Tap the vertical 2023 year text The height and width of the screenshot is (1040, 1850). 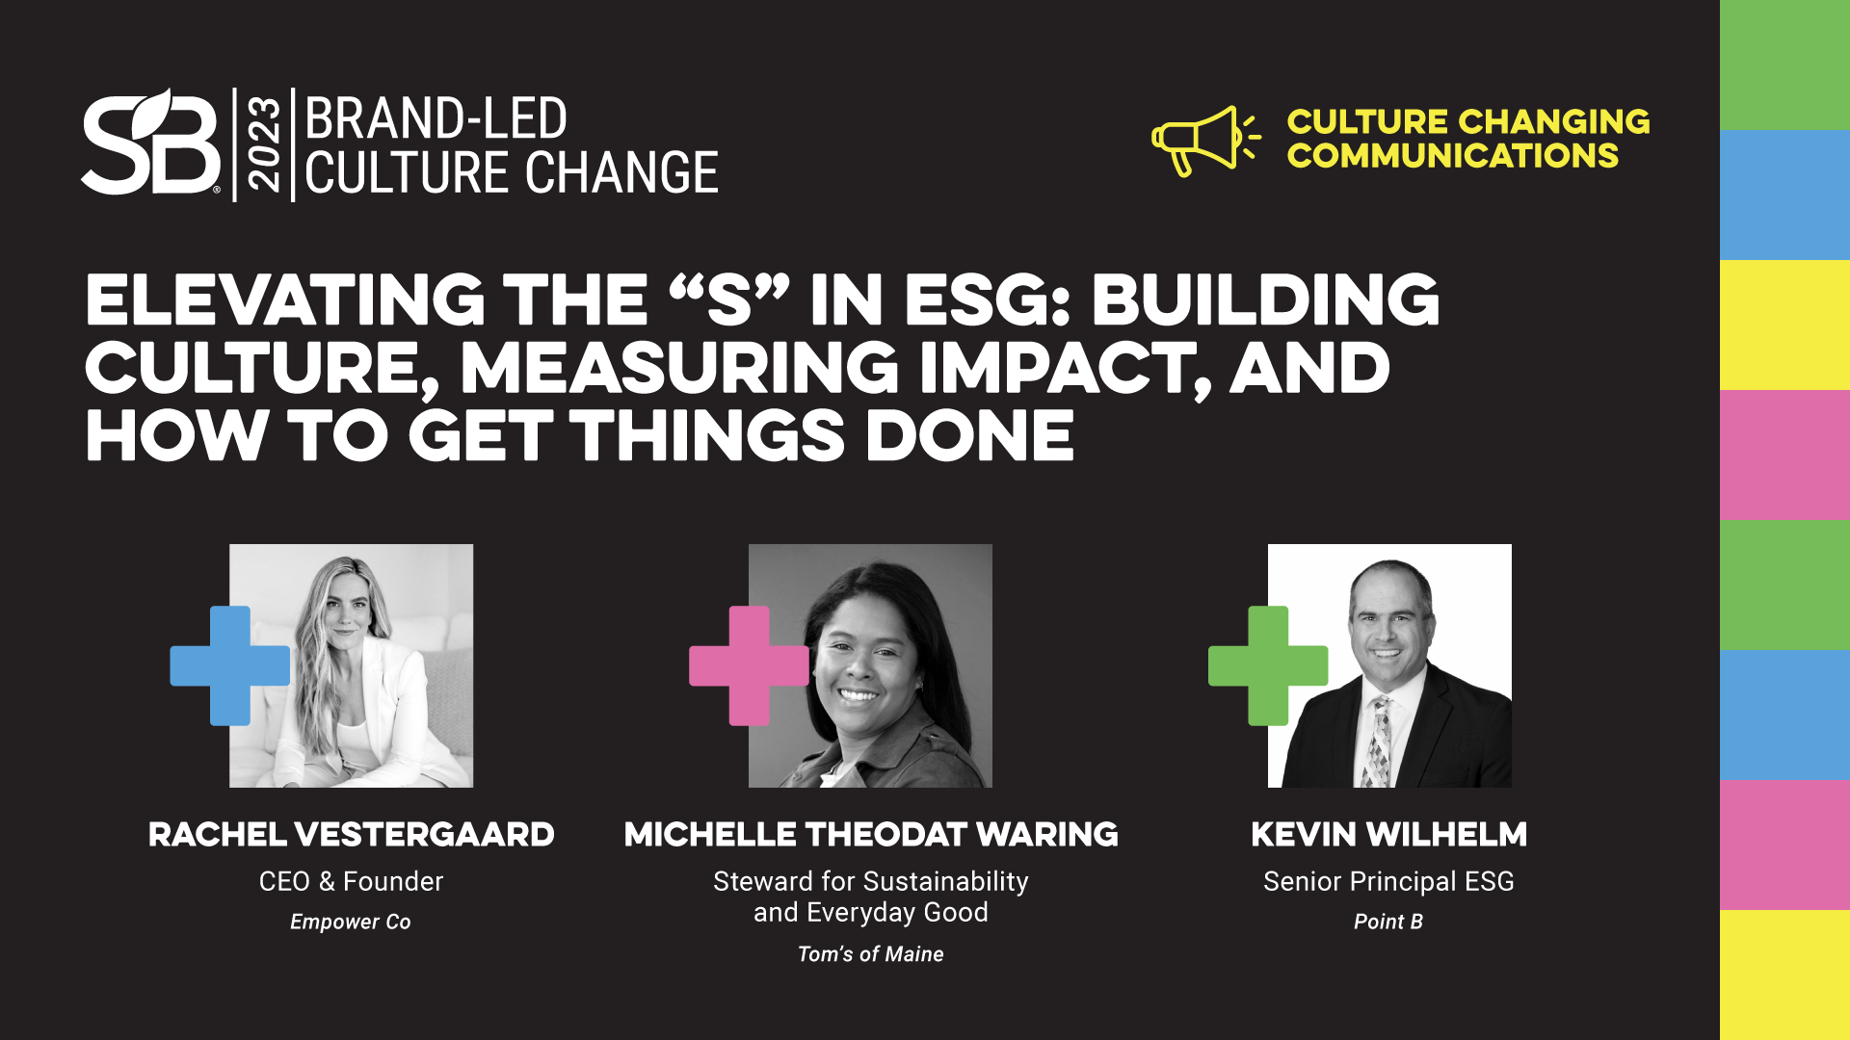(x=264, y=143)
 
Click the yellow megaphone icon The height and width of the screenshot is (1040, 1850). (x=1205, y=141)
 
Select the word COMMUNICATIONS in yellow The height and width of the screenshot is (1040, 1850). (x=1452, y=156)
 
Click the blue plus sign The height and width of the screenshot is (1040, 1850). (x=230, y=665)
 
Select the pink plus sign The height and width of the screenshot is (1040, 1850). (x=749, y=665)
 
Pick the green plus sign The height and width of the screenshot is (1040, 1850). (x=1268, y=665)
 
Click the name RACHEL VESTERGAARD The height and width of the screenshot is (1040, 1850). (x=351, y=834)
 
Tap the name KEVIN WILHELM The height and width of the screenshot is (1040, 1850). (x=1388, y=834)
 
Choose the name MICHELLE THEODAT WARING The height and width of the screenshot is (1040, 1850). (x=871, y=834)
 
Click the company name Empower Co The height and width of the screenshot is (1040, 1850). (x=351, y=922)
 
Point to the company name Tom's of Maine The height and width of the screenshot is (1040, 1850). (x=871, y=954)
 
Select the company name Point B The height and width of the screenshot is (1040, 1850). (x=1388, y=922)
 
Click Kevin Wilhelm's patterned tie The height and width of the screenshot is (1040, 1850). (x=1380, y=742)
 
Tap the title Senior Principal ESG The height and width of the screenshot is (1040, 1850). (x=1388, y=881)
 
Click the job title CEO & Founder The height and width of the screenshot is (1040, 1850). (x=351, y=881)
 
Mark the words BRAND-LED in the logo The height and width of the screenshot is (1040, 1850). (x=436, y=118)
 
